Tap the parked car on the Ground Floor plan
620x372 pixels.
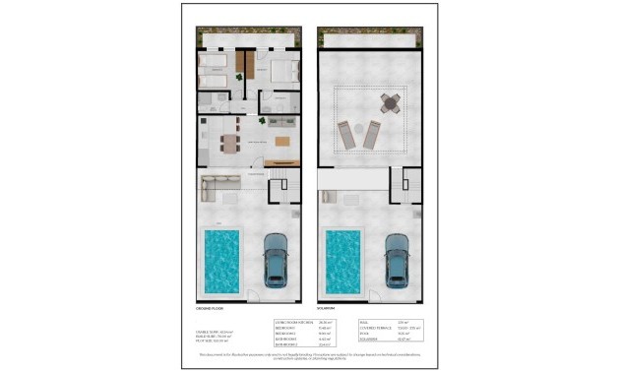(277, 261)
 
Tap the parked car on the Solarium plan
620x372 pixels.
(398, 261)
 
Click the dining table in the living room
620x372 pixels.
(229, 143)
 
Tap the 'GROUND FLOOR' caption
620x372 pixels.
(212, 311)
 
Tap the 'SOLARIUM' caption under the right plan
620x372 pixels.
(333, 311)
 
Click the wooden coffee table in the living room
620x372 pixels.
(282, 142)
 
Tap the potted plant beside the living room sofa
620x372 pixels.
(262, 121)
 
